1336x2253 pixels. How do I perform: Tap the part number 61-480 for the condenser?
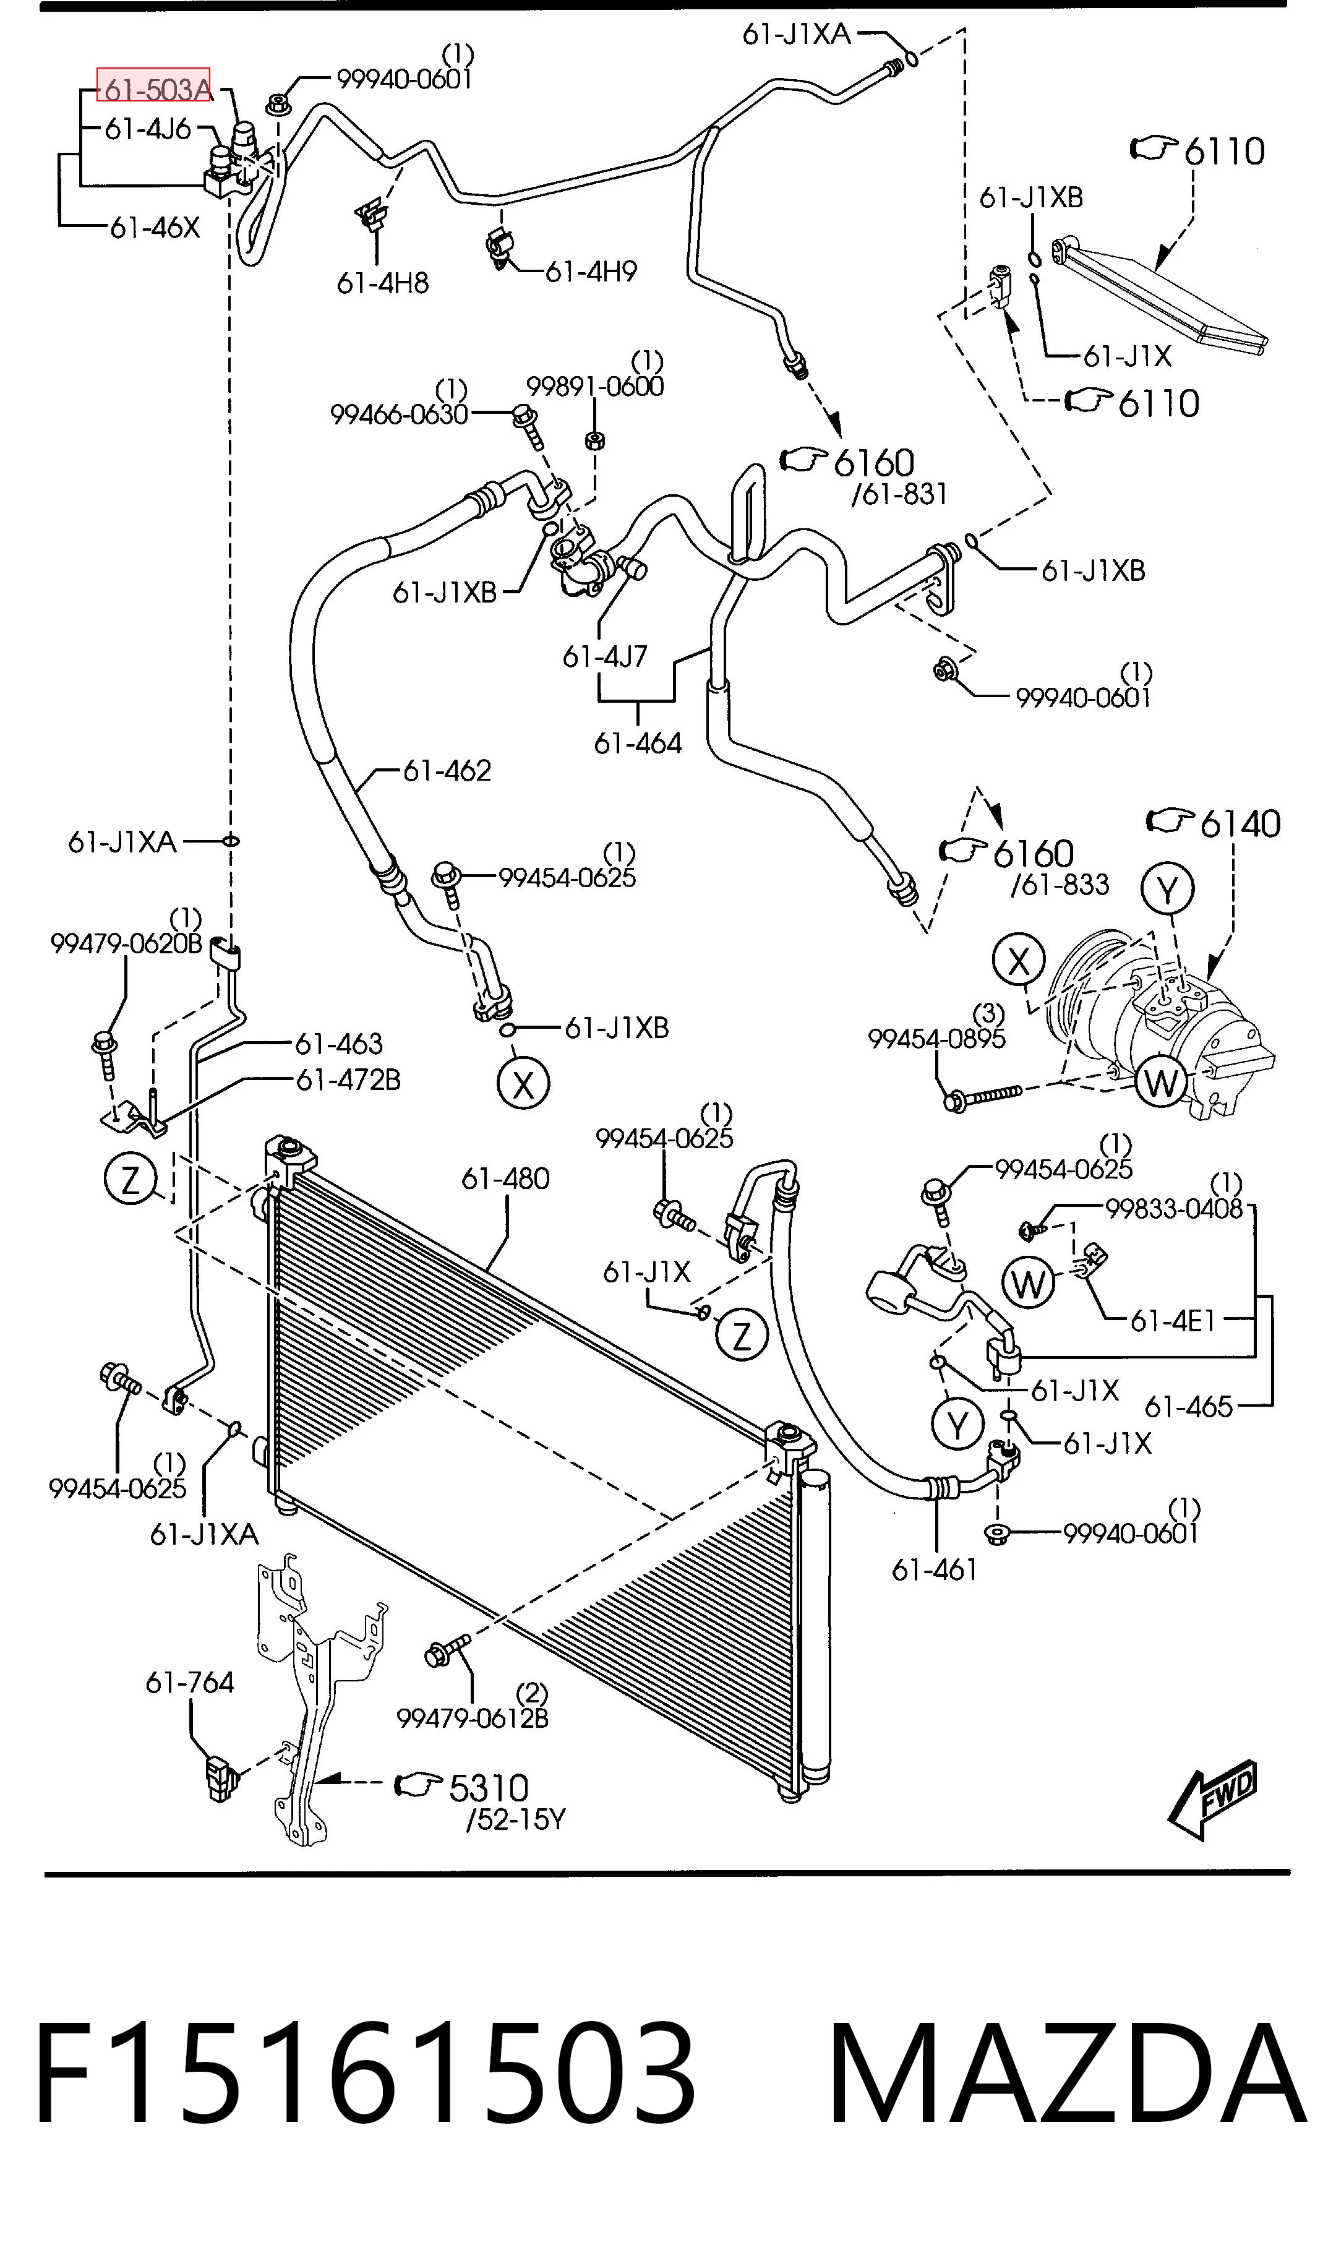(505, 1178)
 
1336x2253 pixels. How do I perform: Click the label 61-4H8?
(383, 283)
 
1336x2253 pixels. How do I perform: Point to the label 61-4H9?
(591, 271)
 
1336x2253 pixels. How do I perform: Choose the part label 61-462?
(447, 771)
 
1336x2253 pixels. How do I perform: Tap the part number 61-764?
(190, 1682)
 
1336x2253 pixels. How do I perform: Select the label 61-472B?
(348, 1079)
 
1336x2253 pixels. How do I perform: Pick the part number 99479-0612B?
(473, 1719)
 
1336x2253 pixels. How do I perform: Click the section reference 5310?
(489, 1788)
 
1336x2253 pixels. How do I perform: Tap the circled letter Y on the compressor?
(1168, 890)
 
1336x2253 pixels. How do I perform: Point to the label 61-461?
(935, 1570)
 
